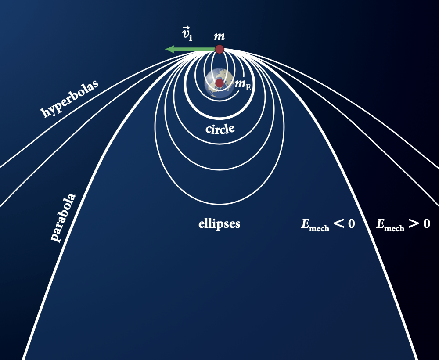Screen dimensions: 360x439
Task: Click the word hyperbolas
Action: (x=69, y=99)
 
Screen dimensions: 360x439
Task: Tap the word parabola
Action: (x=63, y=217)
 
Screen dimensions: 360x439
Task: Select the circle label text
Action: (x=220, y=129)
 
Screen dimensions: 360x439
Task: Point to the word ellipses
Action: (x=219, y=223)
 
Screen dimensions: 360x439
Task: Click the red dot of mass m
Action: (x=219, y=49)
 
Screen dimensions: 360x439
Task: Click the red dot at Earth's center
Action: (x=219, y=83)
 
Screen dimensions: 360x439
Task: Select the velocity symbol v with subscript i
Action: (x=187, y=34)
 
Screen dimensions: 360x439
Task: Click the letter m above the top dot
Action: (x=219, y=36)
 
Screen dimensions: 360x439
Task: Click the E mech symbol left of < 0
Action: (x=314, y=225)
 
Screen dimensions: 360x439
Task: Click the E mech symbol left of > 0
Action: (x=390, y=225)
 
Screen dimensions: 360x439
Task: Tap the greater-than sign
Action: (x=414, y=224)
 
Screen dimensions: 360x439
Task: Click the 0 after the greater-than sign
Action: (x=426, y=224)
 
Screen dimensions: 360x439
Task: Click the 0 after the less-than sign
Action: (x=351, y=224)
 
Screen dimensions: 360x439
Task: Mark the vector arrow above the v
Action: (x=185, y=28)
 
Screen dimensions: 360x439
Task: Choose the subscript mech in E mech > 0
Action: (x=394, y=228)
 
